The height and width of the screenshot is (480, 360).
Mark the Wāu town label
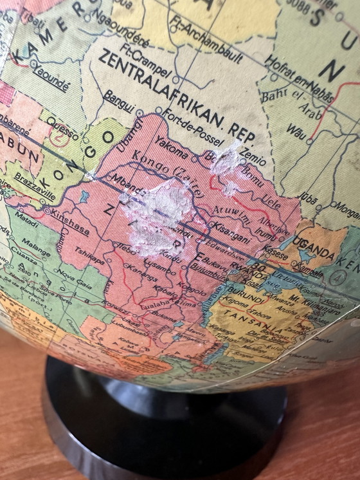(296, 132)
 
